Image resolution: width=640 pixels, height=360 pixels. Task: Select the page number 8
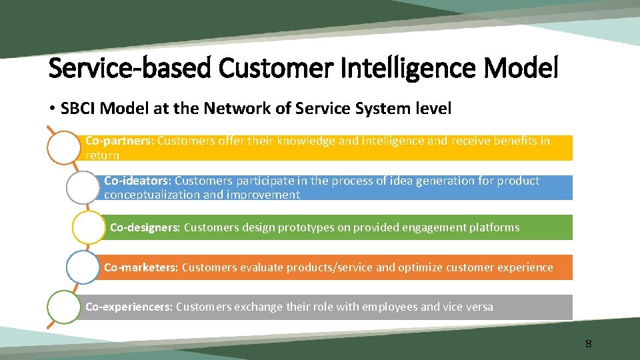coord(588,344)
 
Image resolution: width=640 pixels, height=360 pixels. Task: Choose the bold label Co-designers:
coord(145,227)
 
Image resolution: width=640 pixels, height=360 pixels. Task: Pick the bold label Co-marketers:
coord(141,267)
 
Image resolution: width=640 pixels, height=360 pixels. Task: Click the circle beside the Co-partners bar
coord(63,147)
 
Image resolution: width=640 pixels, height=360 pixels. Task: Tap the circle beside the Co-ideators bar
coord(83,187)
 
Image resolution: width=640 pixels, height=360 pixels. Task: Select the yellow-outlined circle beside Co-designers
coord(89,227)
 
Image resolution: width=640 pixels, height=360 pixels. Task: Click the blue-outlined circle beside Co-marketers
coord(83,267)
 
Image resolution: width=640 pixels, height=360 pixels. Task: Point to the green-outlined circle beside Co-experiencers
coord(63,307)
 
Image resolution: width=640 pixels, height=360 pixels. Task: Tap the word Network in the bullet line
coord(231,108)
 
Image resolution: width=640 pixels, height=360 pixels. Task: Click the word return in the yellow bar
coord(103,155)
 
